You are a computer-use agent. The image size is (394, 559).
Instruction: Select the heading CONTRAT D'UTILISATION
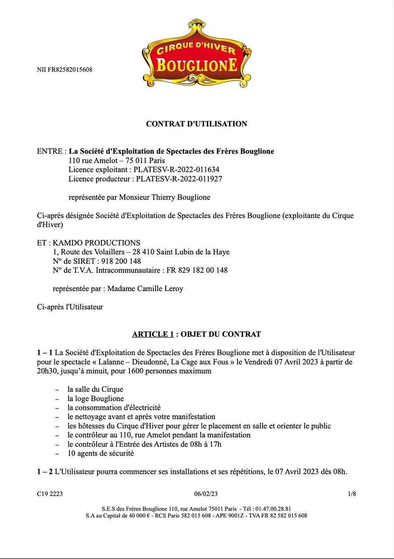pyautogui.click(x=197, y=124)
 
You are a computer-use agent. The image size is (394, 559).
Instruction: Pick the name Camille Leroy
pyautogui.click(x=160, y=289)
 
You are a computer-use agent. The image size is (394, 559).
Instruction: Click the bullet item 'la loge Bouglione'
pyautogui.click(x=95, y=398)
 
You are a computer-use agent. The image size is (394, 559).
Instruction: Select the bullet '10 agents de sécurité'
pyautogui.click(x=101, y=453)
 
